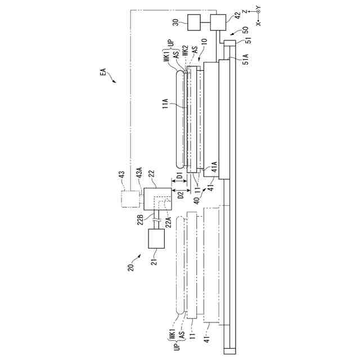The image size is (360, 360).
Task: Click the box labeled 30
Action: click(194, 22)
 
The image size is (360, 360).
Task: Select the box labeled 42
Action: click(218, 22)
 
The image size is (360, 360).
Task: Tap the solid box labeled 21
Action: click(156, 238)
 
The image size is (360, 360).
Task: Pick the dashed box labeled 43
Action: click(130, 199)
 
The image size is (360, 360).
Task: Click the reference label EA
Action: click(103, 72)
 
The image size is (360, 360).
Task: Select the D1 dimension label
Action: click(180, 176)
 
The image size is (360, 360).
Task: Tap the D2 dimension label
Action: click(181, 195)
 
